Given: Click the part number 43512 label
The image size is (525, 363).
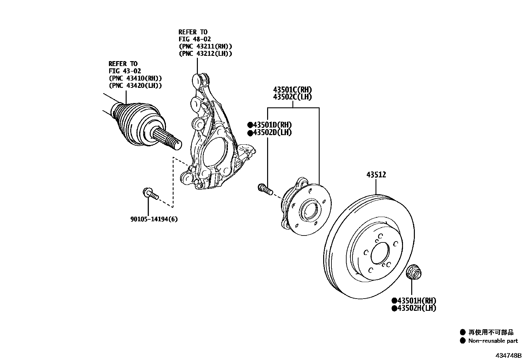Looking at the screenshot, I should pos(376,175).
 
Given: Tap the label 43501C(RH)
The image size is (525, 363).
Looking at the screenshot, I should pos(292,90).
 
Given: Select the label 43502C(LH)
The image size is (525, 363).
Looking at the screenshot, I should pos(292,97).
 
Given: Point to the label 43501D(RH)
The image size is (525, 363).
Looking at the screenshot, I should pos(272,125).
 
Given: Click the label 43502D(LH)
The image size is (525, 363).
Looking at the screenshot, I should pos(272,132).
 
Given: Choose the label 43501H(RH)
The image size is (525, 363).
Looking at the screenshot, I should pos(417,301).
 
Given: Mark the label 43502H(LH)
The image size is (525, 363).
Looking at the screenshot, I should pos(417,308).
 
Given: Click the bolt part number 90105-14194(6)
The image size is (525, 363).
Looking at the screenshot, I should pos(154,219).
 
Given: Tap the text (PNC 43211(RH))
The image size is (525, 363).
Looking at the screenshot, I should pos(205,47).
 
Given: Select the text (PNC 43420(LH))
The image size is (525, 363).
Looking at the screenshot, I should pos(135,86).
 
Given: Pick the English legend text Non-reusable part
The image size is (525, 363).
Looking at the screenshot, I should pos(493,341).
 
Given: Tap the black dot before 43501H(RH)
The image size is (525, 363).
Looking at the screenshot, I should pos(394,301).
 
